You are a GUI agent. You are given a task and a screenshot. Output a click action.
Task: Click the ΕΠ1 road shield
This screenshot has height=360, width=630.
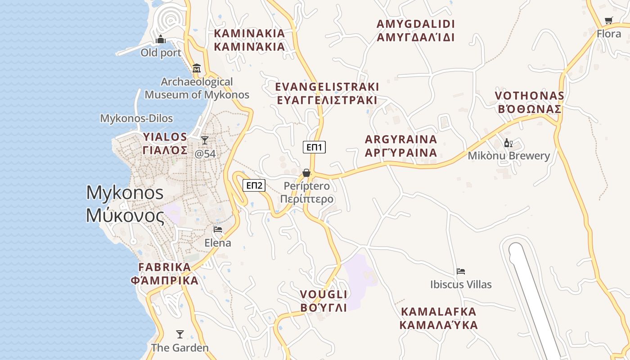tap(314, 147)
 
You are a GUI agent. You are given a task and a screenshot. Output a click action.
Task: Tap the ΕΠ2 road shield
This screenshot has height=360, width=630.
tap(254, 185)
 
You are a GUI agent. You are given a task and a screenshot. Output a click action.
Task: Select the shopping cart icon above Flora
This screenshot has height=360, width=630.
tap(609, 20)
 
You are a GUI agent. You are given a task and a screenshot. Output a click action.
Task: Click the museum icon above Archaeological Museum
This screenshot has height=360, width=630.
tap(197, 68)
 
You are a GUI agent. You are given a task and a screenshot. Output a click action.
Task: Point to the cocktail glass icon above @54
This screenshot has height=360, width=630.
tap(205, 140)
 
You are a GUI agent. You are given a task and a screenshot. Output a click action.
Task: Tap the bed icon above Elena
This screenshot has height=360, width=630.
tap(218, 229)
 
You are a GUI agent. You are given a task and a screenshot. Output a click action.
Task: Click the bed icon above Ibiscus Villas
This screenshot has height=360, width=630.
tap(461, 271)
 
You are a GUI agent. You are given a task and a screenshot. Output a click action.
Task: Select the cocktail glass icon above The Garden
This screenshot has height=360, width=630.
tap(180, 334)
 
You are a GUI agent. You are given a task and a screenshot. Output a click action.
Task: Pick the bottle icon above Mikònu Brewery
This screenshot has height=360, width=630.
tap(508, 143)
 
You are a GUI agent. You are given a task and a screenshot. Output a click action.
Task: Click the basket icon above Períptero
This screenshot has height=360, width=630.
tap(306, 173)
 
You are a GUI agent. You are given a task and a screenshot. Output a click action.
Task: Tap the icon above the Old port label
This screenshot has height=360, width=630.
tap(161, 40)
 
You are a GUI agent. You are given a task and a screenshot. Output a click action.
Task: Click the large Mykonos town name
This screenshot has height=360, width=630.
tap(125, 204)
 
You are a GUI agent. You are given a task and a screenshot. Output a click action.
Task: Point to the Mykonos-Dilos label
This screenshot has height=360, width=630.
tap(136, 118)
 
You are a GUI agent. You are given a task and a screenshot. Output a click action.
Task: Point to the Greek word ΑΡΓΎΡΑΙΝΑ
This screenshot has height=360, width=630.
tap(401, 153)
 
